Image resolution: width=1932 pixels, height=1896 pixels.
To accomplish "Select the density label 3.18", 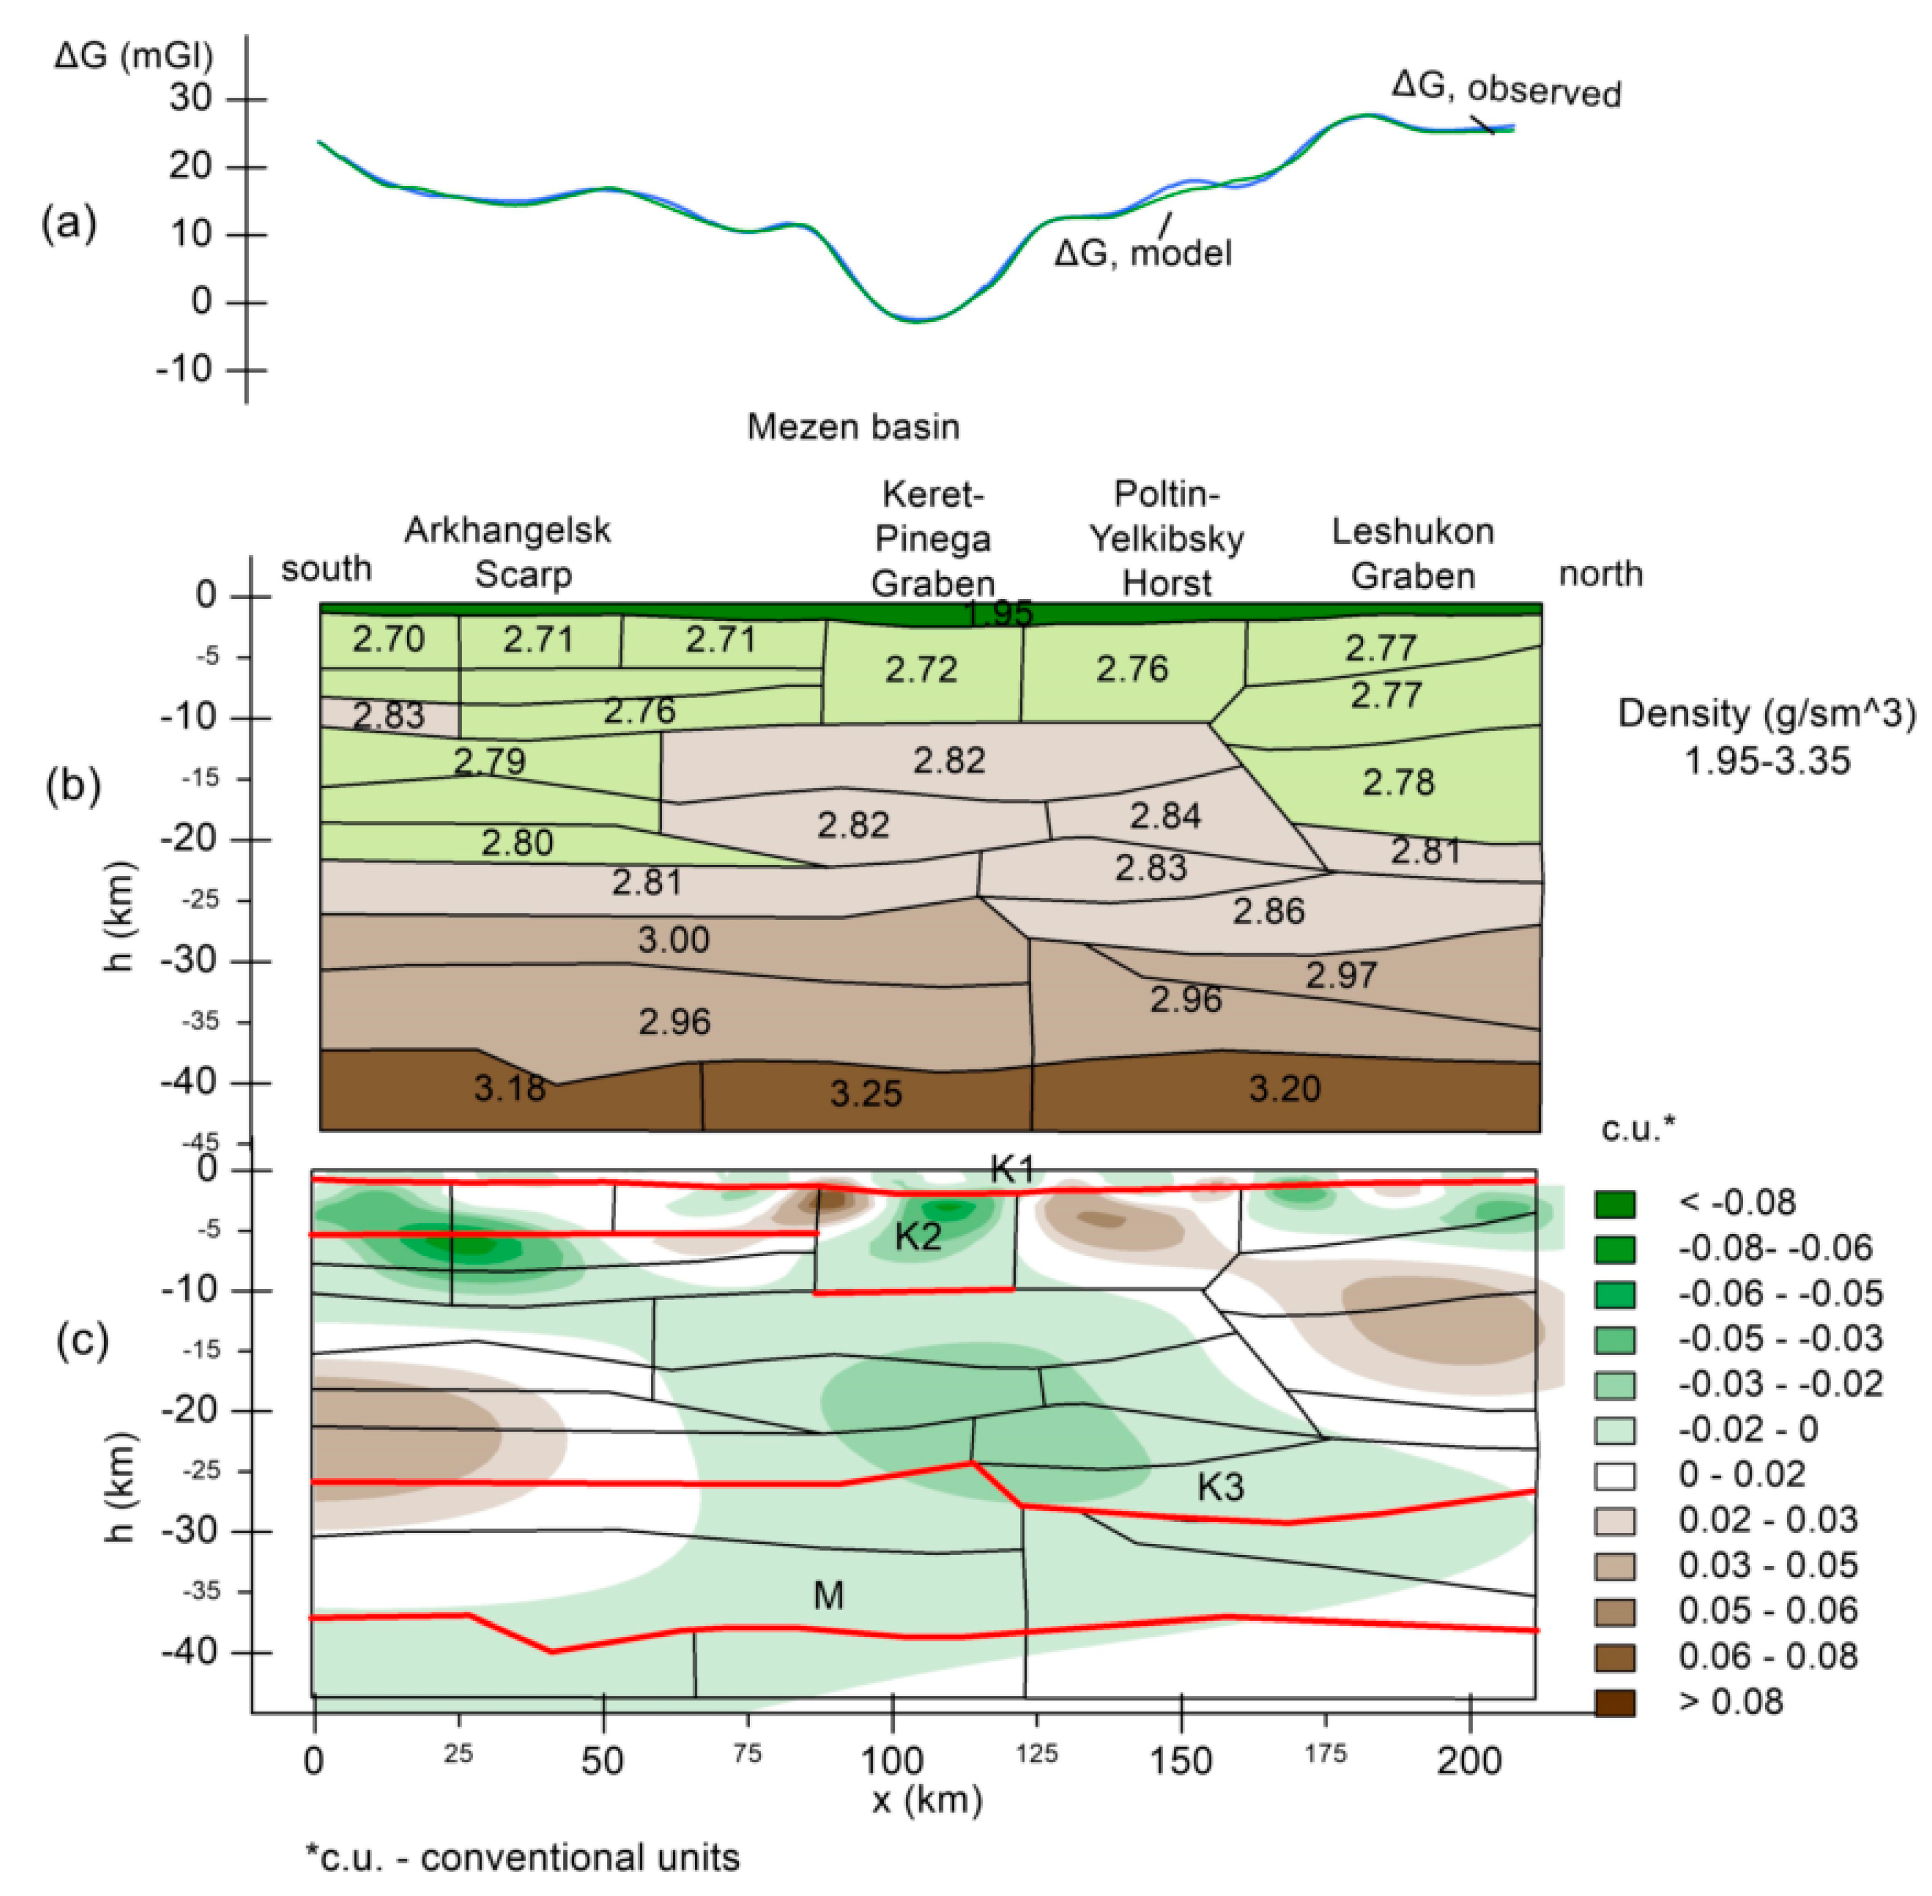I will (509, 1087).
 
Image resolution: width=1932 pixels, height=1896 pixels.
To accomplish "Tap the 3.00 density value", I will (673, 939).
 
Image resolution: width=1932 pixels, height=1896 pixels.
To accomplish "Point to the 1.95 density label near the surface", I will (999, 612).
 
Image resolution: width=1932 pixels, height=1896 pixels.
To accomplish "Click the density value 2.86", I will (1268, 910).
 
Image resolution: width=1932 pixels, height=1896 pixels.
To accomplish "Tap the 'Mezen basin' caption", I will (853, 426).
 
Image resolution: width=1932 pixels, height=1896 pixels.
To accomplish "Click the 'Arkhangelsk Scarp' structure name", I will (508, 552).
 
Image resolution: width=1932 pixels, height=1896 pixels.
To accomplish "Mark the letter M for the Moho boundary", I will (829, 1595).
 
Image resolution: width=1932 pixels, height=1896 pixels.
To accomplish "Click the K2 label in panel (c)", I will (917, 1236).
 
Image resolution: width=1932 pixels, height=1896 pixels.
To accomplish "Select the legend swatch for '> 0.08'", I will (1614, 1701).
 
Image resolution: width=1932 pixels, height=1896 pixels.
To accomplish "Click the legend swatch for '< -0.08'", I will (1614, 1203).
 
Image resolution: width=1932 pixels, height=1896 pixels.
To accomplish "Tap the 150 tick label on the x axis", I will (1180, 1760).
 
